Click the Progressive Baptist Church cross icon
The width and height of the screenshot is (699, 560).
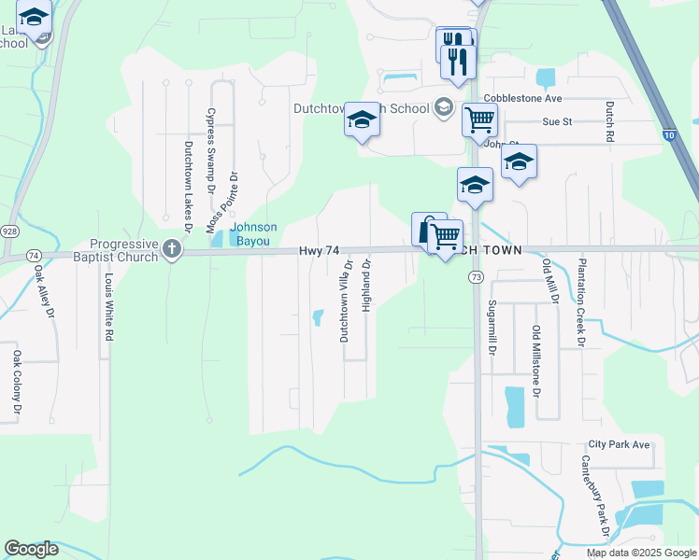tap(170, 248)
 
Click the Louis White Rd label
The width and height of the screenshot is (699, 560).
tap(109, 307)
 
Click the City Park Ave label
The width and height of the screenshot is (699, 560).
tap(619, 444)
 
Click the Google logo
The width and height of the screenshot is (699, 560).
tap(31, 550)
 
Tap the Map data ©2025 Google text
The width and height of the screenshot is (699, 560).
tap(641, 553)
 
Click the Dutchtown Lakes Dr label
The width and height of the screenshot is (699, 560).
tap(187, 187)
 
